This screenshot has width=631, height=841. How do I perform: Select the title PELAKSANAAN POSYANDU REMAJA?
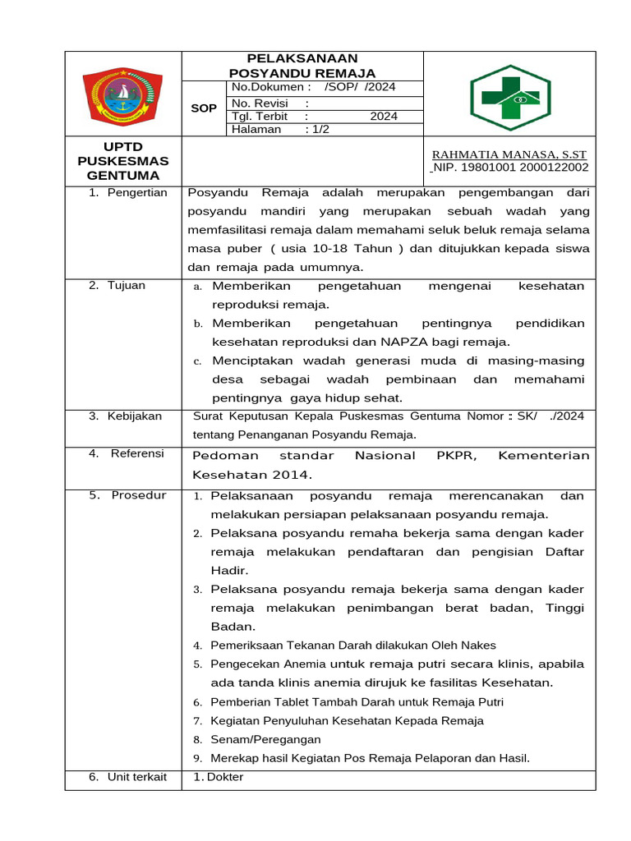click(x=302, y=66)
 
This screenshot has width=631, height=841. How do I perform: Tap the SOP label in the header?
click(x=204, y=108)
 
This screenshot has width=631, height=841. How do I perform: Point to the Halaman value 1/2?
click(x=316, y=129)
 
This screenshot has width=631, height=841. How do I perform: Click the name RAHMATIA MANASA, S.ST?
click(x=509, y=154)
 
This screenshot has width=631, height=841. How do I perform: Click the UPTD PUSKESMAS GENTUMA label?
click(x=123, y=161)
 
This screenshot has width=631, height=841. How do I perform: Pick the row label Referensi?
click(x=137, y=453)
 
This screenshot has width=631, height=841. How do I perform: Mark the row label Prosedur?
click(x=139, y=495)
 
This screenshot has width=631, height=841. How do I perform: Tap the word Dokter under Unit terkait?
click(x=225, y=777)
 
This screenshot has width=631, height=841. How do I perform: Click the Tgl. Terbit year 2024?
click(x=383, y=117)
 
